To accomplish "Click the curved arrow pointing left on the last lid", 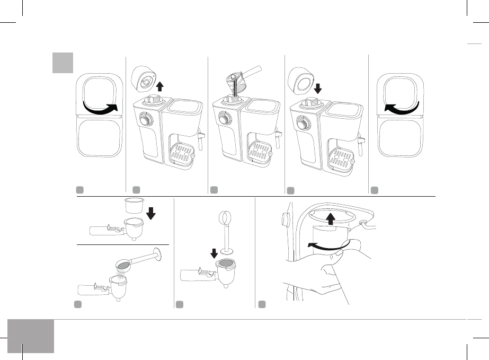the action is tap(401, 108).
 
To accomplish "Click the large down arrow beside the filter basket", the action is tap(151, 212).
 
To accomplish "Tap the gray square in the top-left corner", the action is tap(63, 63).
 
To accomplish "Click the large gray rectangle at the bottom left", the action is tap(31, 336).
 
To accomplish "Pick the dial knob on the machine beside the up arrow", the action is tap(145, 119).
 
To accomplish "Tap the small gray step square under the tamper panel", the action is tap(179, 304).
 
